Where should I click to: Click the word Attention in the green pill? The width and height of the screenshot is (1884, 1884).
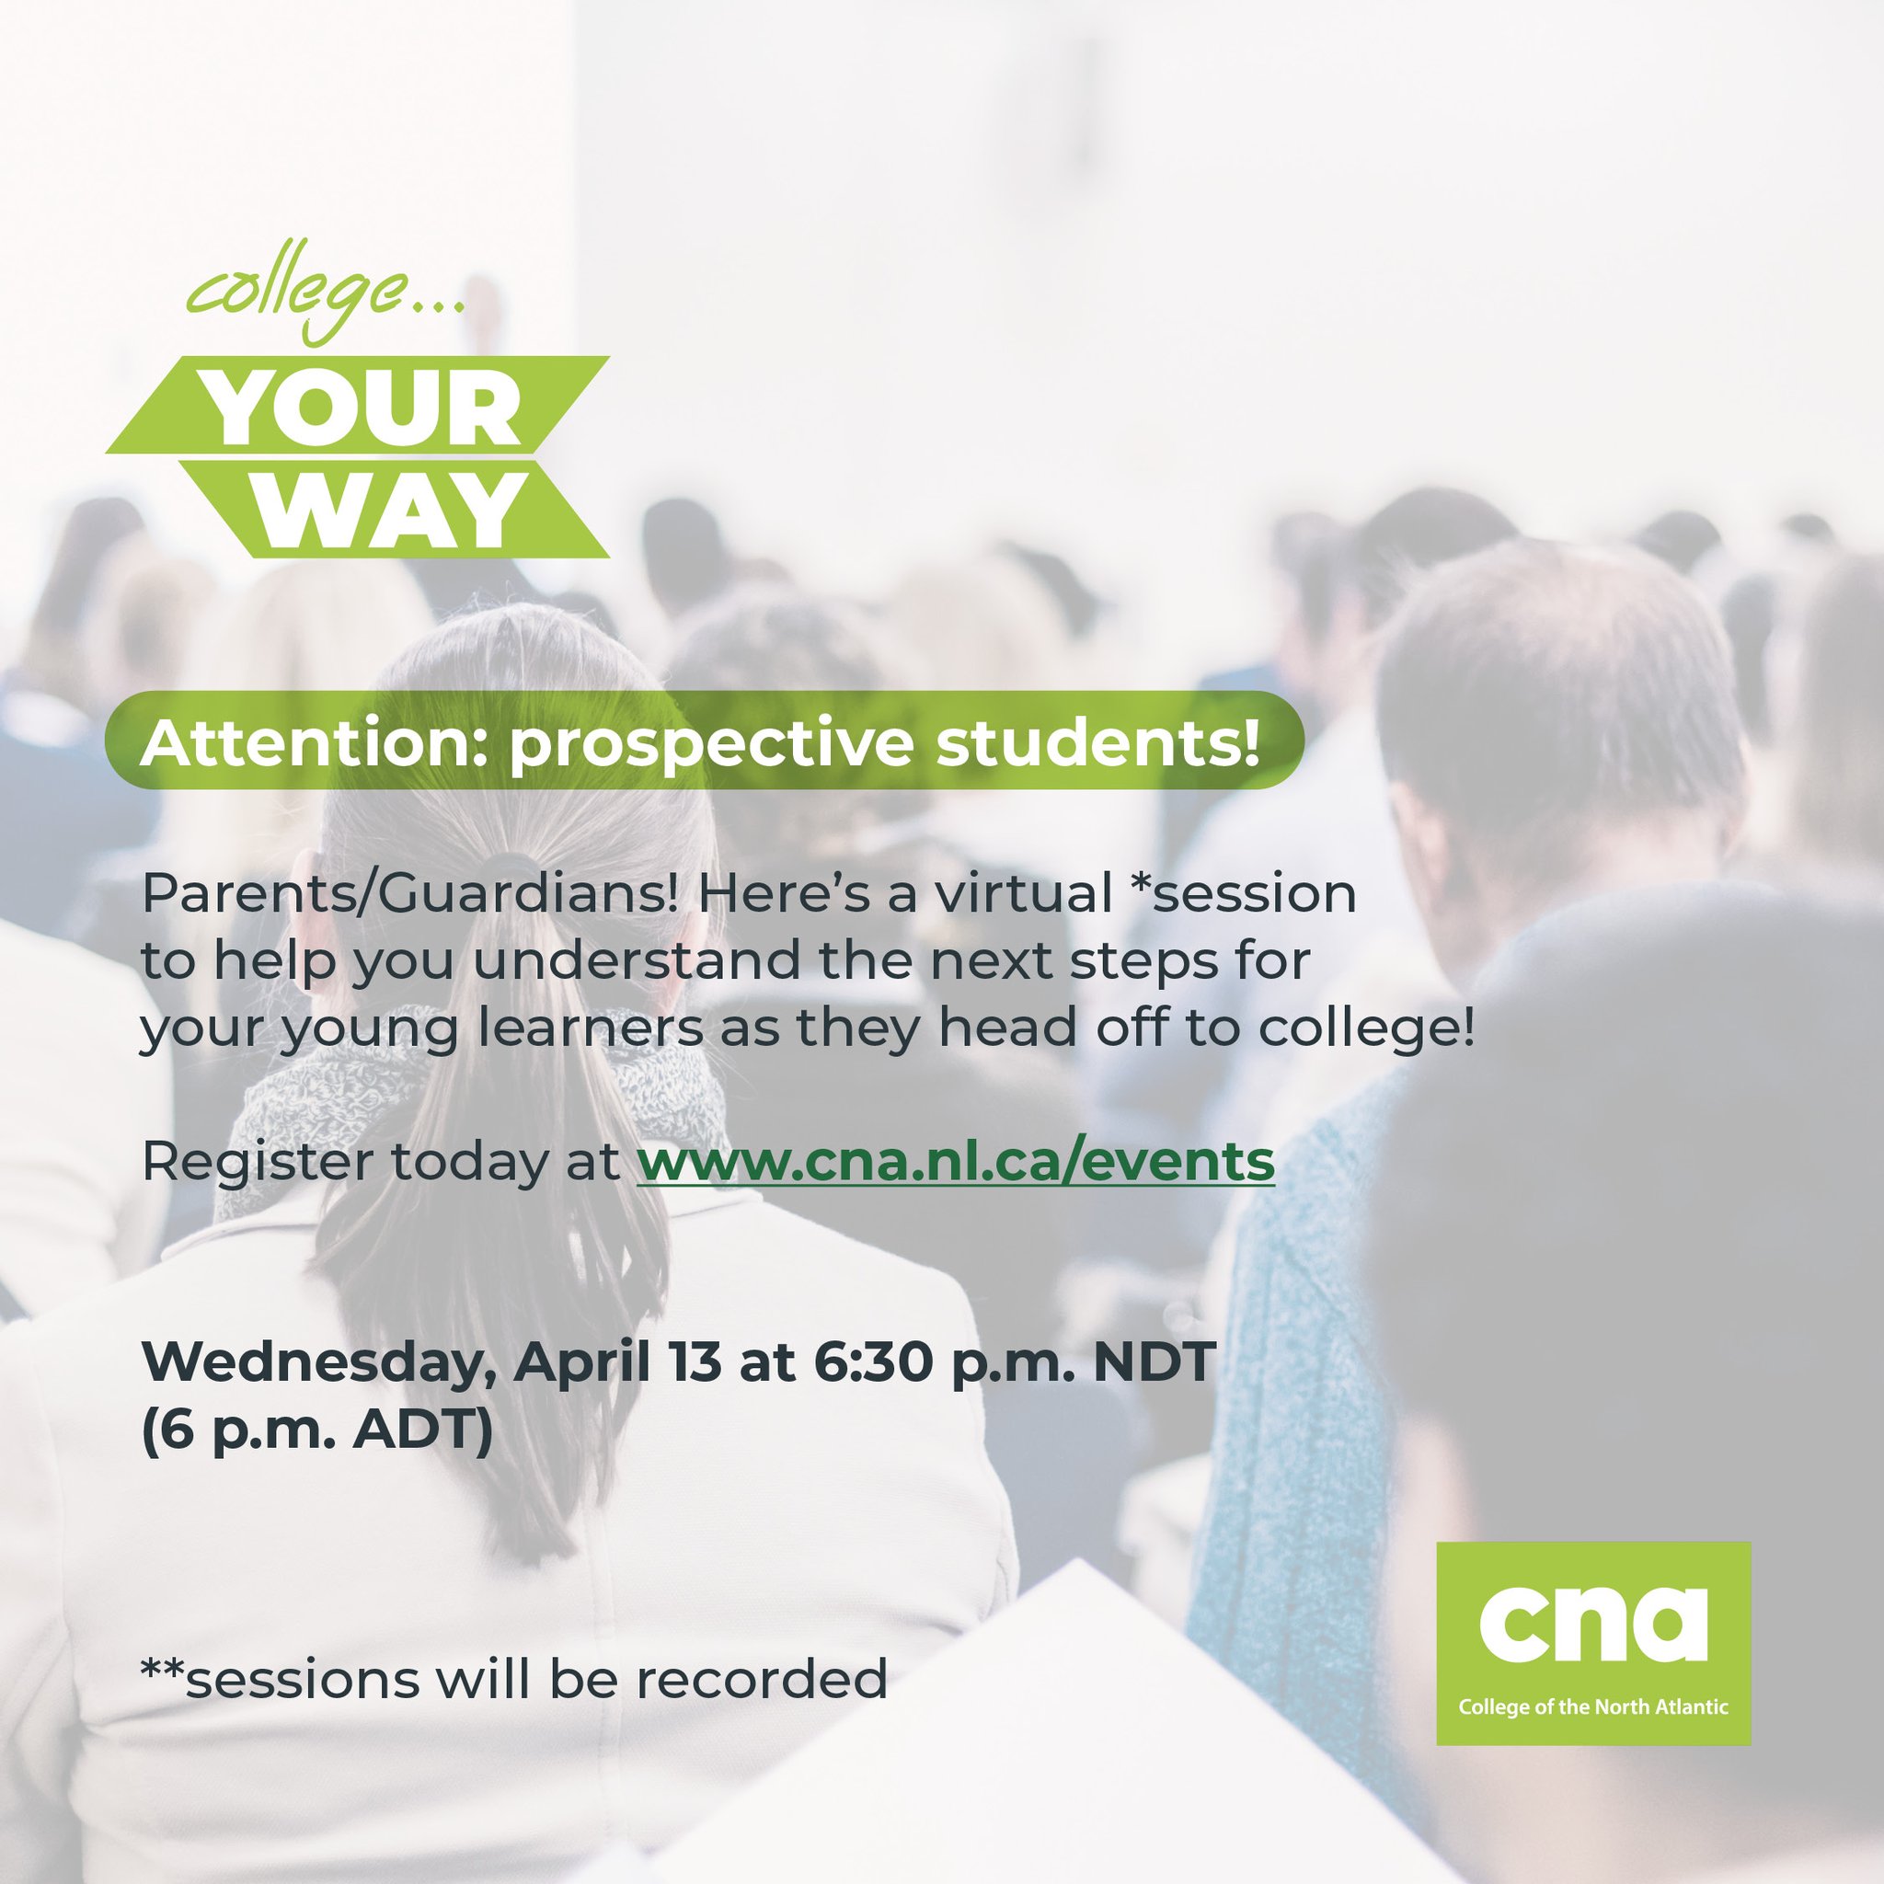coord(305,744)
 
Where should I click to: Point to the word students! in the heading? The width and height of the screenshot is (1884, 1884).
coord(1097,744)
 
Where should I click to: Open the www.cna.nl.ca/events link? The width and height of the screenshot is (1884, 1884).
coord(956,1162)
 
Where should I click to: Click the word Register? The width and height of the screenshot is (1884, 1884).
coord(258,1164)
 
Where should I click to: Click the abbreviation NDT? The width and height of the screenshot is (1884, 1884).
coord(1154,1361)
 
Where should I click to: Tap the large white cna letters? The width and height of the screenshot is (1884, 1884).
coord(1592,1624)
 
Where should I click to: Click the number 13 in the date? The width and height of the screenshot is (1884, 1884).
coord(695,1361)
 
